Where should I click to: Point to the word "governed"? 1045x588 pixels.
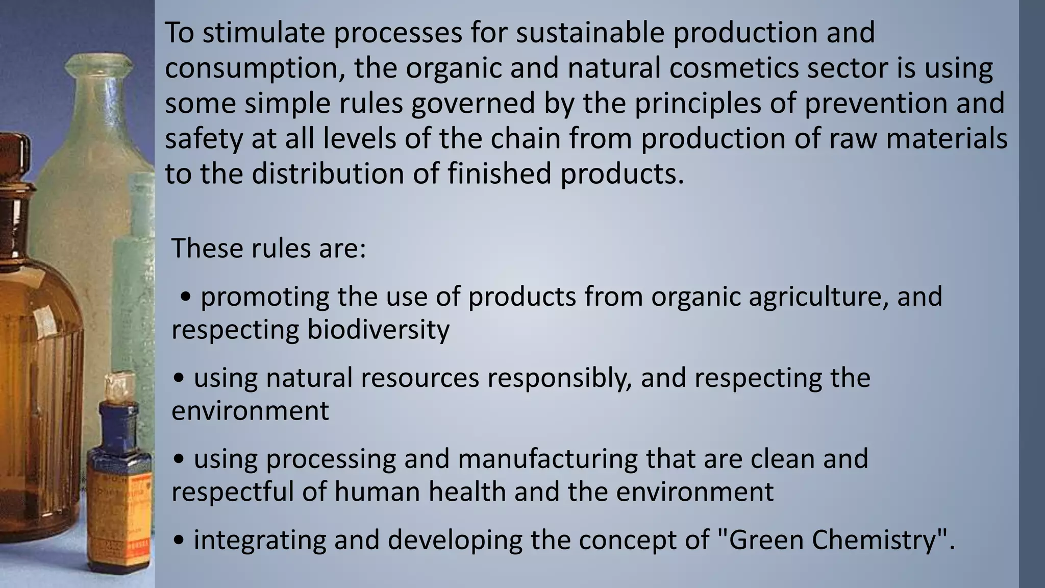pyautogui.click(x=473, y=103)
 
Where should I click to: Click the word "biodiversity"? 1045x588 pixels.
pyautogui.click(x=378, y=329)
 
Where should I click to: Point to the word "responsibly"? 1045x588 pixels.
pyautogui.click(x=559, y=378)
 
